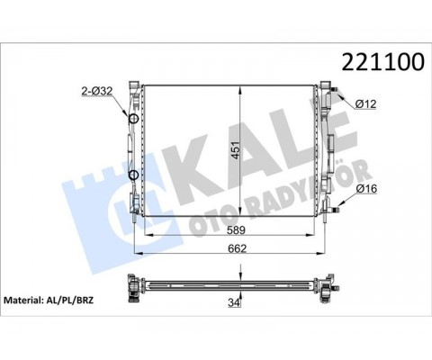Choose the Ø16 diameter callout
(x=366, y=189)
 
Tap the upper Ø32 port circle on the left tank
(x=133, y=120)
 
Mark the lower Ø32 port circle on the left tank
(x=133, y=175)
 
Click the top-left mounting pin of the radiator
(x=134, y=83)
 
